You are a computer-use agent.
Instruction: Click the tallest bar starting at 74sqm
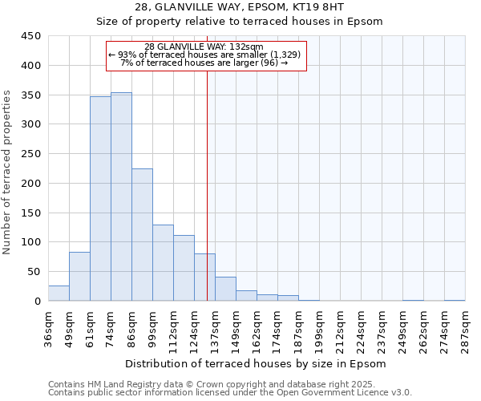pos(121,196)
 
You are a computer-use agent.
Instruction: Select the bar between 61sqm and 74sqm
pos(100,199)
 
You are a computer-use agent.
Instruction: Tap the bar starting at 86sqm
pos(142,235)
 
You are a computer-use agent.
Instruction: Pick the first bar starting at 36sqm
pos(59,294)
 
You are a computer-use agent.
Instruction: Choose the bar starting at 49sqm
pos(79,277)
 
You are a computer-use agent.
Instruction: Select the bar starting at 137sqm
pos(225,289)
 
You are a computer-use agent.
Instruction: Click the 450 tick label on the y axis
pos(31,36)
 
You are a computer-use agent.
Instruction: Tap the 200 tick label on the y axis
pos(31,183)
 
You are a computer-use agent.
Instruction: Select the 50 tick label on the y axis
pos(34,272)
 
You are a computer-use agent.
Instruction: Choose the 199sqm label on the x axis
pos(319,326)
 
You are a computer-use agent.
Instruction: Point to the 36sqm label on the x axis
pos(48,326)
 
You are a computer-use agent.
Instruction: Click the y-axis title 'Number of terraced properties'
pos(7,172)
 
